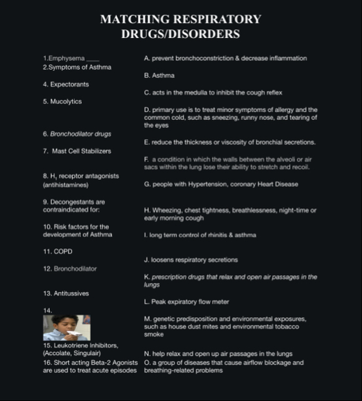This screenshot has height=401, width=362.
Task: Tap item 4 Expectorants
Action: pos(66,85)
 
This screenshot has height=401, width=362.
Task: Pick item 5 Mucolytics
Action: pos(62,102)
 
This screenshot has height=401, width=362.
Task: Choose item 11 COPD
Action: pos(57,251)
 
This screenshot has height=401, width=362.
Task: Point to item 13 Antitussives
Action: pos(66,293)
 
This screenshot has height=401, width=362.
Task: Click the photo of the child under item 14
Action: pos(66,327)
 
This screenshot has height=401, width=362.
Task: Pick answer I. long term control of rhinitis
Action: pos(199,234)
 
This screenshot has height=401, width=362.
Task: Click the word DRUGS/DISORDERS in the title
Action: pos(180,33)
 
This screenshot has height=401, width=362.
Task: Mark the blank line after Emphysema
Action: pos(92,59)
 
